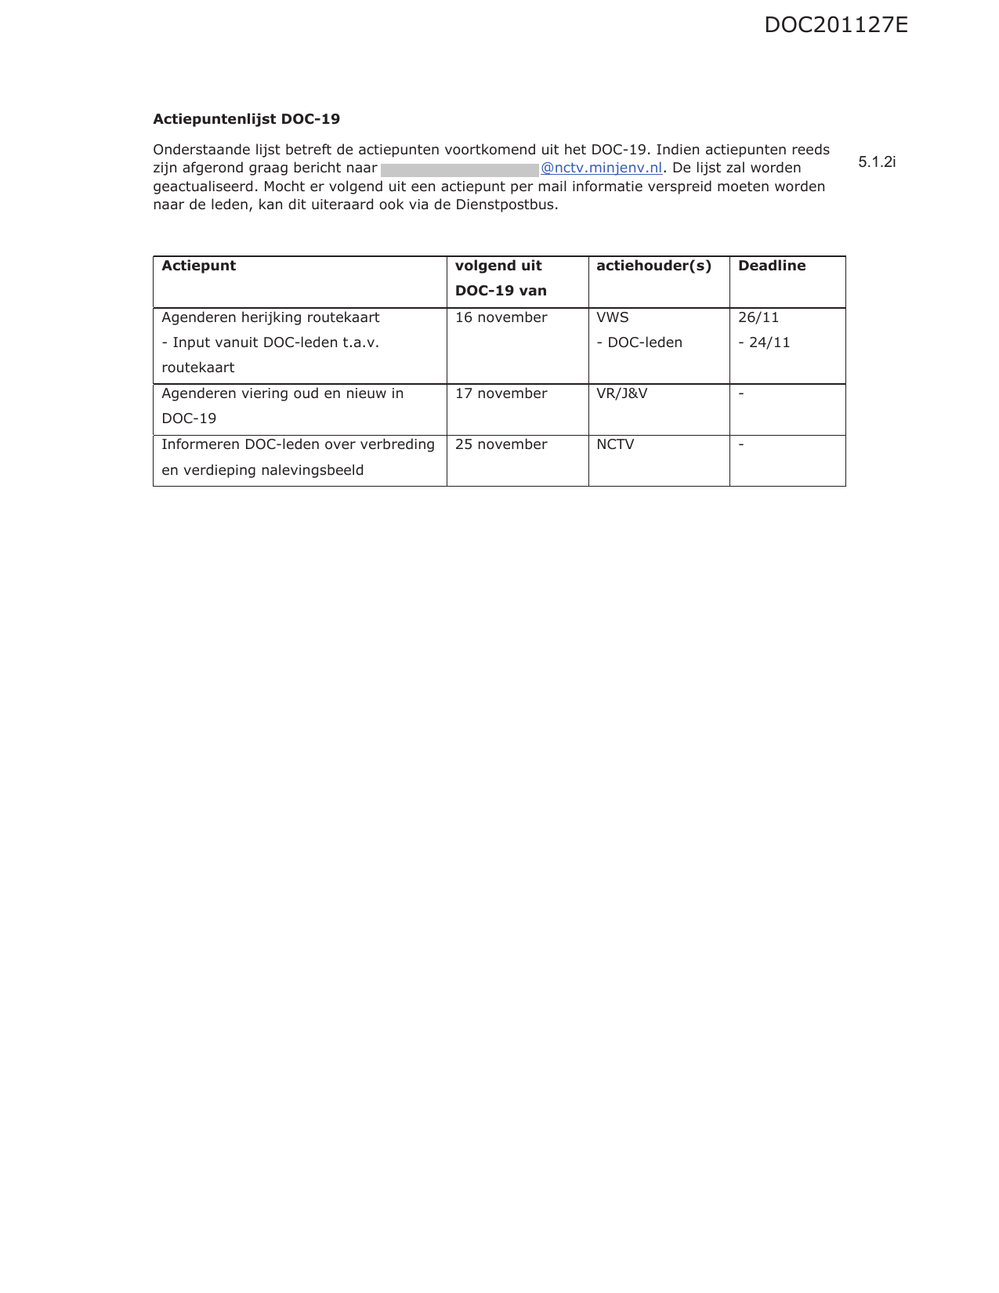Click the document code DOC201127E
click(835, 25)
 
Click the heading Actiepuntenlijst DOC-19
click(246, 119)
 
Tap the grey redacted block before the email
click(459, 169)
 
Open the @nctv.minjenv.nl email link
click(601, 168)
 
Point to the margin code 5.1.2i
click(877, 162)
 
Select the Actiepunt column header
click(198, 266)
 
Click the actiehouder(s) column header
click(653, 266)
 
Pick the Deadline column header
click(771, 266)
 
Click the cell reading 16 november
click(501, 317)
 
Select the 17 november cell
click(501, 393)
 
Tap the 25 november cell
click(501, 444)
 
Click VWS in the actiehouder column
click(612, 317)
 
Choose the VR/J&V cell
click(621, 393)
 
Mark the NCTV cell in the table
click(615, 444)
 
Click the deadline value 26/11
click(758, 317)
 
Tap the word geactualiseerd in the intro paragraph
click(205, 187)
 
